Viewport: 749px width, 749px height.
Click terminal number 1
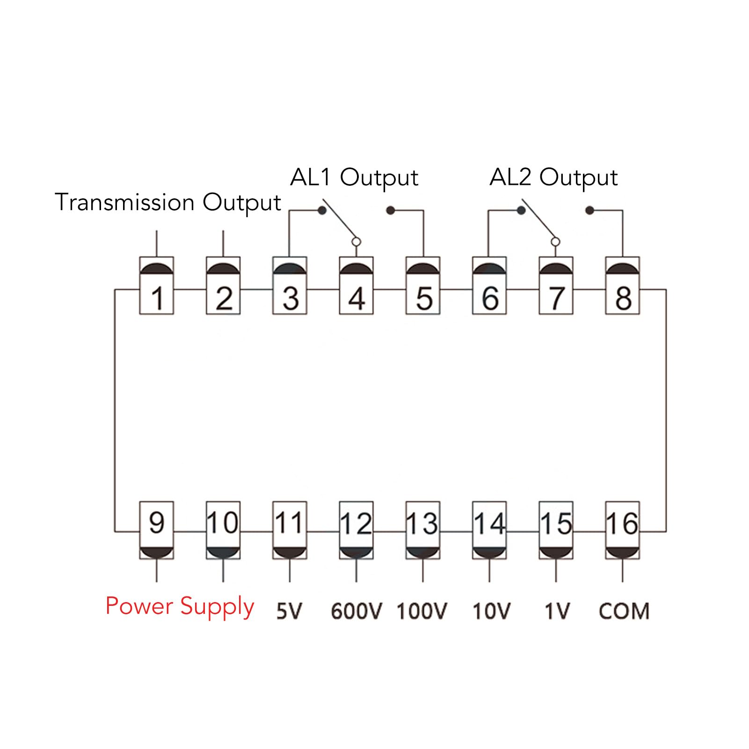click(157, 285)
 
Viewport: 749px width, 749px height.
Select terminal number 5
click(423, 285)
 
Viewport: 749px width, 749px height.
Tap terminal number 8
click(623, 285)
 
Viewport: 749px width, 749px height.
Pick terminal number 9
click(157, 530)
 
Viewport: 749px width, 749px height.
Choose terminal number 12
click(356, 530)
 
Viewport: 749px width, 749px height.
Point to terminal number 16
click(623, 530)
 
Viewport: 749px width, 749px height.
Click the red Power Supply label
click(180, 607)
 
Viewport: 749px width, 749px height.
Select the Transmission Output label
click(168, 202)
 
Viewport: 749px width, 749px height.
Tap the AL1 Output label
click(354, 178)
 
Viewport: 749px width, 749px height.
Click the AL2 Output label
click(553, 178)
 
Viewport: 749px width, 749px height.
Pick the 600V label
click(356, 611)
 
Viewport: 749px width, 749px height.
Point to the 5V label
click(290, 611)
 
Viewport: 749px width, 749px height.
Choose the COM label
click(624, 611)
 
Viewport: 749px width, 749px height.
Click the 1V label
click(557, 611)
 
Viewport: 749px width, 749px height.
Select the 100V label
click(422, 611)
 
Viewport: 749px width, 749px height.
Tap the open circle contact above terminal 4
click(356, 242)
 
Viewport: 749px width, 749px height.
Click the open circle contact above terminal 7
click(555, 242)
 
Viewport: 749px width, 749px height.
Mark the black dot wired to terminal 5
click(391, 211)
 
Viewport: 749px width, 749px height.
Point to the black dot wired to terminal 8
click(590, 211)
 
